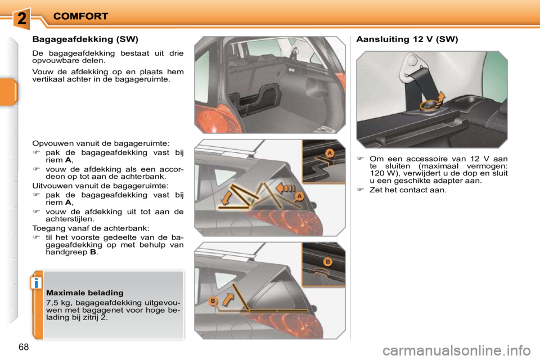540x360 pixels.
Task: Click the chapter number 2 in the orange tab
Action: point(21,18)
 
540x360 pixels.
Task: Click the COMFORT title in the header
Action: point(81,16)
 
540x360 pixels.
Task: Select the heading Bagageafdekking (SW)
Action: point(85,39)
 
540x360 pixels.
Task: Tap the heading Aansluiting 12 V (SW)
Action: point(407,39)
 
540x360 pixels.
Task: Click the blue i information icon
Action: point(36,283)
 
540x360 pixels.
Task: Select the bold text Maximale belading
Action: point(84,293)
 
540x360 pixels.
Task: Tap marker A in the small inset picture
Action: point(329,152)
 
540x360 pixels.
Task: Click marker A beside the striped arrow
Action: point(300,196)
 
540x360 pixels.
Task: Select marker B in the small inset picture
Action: point(327,262)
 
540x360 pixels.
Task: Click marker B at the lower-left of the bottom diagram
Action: point(213,301)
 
